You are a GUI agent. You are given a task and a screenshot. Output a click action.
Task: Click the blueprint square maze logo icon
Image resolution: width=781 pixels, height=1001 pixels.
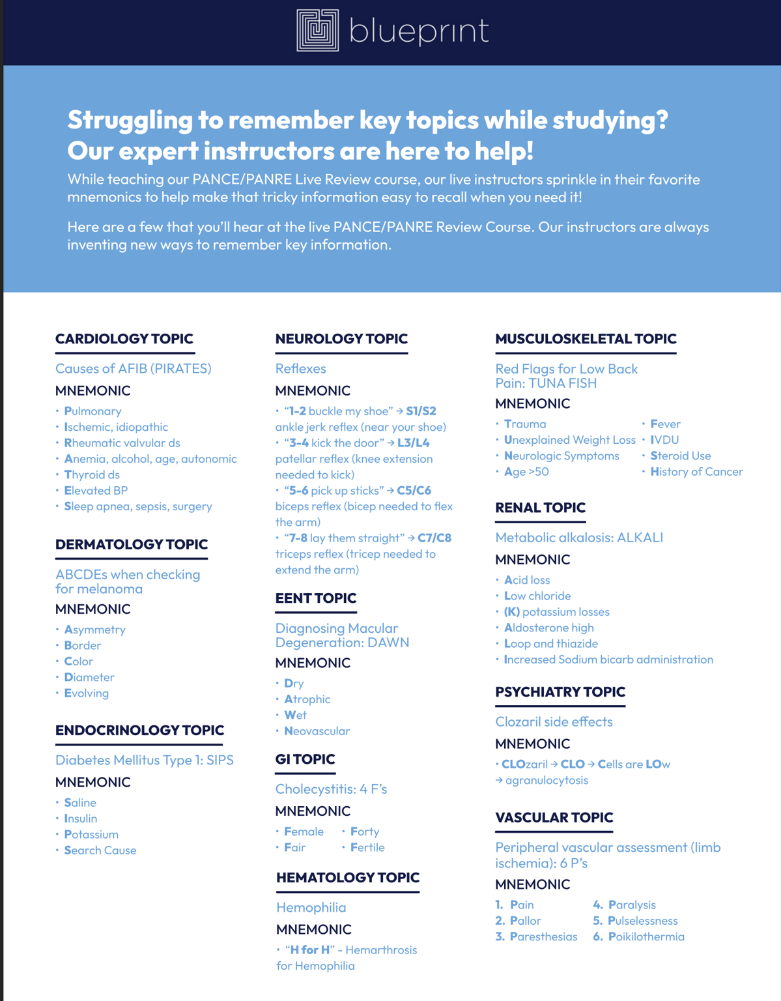(x=318, y=30)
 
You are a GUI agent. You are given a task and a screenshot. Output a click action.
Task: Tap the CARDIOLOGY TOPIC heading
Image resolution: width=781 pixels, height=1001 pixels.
(x=124, y=339)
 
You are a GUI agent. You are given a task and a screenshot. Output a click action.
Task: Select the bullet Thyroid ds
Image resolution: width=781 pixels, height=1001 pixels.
(x=92, y=474)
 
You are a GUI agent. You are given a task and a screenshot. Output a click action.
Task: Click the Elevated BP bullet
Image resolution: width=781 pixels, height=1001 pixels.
(x=96, y=490)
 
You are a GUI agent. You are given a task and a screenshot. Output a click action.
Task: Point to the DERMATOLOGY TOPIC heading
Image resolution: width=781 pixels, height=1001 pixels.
(x=131, y=544)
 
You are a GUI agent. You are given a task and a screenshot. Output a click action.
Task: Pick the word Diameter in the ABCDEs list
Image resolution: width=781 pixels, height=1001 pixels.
(x=89, y=677)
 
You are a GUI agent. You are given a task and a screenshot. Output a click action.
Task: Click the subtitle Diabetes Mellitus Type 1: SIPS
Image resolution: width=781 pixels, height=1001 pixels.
(x=144, y=760)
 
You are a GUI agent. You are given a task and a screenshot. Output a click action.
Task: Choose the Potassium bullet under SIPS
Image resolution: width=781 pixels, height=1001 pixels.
(x=91, y=834)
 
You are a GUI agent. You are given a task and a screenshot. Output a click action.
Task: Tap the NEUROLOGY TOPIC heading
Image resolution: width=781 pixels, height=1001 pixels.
(x=341, y=339)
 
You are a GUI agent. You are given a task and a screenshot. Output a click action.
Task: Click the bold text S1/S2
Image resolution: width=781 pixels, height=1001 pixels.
(x=421, y=411)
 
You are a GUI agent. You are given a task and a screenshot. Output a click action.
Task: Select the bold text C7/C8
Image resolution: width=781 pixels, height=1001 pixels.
(x=434, y=538)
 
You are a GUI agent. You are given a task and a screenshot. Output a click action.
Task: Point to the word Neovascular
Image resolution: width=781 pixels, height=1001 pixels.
(x=317, y=731)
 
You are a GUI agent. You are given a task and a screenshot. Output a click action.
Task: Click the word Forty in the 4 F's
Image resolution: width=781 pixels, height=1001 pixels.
(x=365, y=832)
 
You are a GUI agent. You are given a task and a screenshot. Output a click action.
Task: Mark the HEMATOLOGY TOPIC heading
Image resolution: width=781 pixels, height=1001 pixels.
(x=348, y=878)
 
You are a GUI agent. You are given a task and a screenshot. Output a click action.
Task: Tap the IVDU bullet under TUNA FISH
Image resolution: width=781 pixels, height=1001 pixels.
(x=664, y=440)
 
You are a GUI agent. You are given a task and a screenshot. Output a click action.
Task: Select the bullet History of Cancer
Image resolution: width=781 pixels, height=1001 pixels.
(x=696, y=472)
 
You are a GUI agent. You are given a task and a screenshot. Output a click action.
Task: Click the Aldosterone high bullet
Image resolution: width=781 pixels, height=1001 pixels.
(x=549, y=628)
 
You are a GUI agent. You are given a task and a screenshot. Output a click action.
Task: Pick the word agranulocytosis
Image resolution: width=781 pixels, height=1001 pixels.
(x=547, y=780)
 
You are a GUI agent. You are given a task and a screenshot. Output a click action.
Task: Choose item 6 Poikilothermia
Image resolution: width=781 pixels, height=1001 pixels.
(x=646, y=936)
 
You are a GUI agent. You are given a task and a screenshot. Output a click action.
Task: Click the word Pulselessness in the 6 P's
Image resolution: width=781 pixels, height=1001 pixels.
(x=643, y=921)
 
